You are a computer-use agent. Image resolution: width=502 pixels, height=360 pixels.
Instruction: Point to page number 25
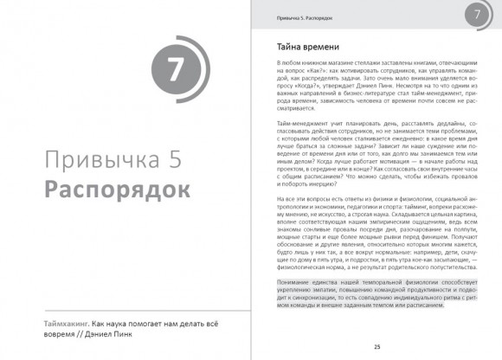coord(377,346)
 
